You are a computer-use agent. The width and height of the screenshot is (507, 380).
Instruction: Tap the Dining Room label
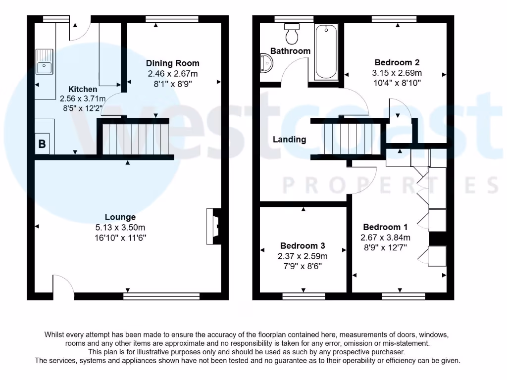pyautogui.click(x=172, y=63)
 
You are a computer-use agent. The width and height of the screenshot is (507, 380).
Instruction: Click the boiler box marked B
pyautogui.click(x=42, y=144)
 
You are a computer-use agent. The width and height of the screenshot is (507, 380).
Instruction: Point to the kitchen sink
pyautogui.click(x=45, y=61)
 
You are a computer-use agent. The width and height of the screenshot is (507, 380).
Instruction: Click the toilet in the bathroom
pyautogui.click(x=291, y=34)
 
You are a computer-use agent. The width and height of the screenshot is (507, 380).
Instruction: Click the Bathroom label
pyautogui.click(x=290, y=51)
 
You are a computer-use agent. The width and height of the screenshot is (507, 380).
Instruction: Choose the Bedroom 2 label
pyautogui.click(x=397, y=62)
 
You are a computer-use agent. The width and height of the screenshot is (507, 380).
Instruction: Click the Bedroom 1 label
pyautogui.click(x=385, y=227)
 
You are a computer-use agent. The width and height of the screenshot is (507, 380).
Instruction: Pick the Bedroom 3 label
pyautogui.click(x=303, y=246)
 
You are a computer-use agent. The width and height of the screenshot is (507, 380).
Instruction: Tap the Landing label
pyautogui.click(x=290, y=140)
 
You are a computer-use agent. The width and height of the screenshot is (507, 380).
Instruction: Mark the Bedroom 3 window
pyautogui.click(x=304, y=296)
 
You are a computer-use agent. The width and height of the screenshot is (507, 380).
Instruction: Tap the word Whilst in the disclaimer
pyautogui.click(x=56, y=335)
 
